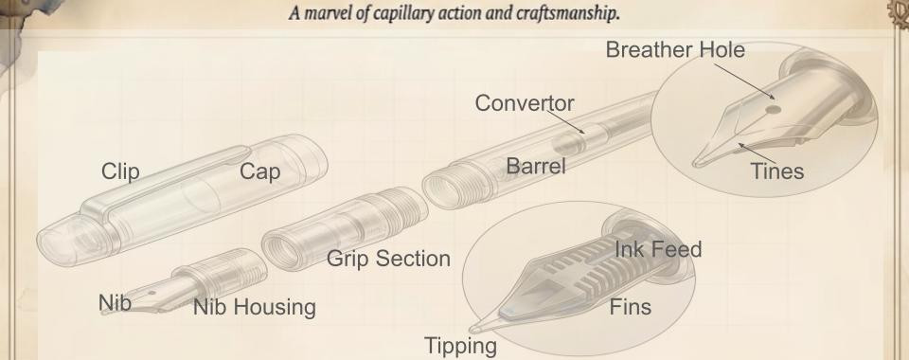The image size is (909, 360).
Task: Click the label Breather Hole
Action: click(x=675, y=53)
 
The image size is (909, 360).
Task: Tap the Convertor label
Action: click(x=538, y=101)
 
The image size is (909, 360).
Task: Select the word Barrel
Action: click(x=536, y=167)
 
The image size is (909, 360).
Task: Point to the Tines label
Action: click(x=777, y=171)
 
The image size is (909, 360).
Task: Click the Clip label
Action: click(x=120, y=171)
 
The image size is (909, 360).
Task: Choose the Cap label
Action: click(x=260, y=171)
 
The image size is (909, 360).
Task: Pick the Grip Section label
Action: click(x=388, y=259)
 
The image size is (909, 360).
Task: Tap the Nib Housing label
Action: click(x=254, y=307)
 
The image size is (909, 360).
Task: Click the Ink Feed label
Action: click(x=658, y=250)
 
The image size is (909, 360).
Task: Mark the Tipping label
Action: click(x=460, y=346)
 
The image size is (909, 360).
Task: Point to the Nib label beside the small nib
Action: click(x=114, y=303)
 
